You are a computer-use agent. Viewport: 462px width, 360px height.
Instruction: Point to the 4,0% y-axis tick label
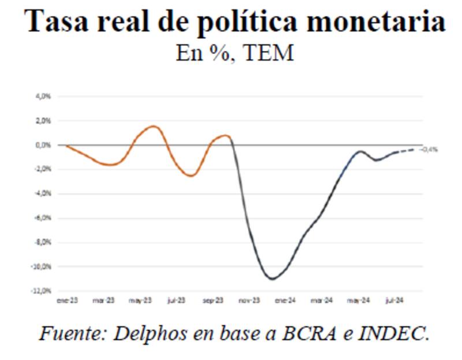coord(44,97)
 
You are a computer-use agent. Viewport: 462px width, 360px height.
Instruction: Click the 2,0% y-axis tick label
coord(44,121)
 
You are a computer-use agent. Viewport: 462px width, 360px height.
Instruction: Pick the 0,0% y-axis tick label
coord(44,145)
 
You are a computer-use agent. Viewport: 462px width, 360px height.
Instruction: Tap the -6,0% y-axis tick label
coord(43,218)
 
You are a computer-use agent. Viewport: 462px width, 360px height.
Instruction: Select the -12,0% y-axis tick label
coord(42,291)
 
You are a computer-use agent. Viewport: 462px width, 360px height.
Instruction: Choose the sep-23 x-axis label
coord(213,300)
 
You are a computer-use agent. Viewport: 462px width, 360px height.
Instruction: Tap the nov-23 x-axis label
coord(249,300)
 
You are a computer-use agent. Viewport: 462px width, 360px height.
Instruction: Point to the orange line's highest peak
coord(153,126)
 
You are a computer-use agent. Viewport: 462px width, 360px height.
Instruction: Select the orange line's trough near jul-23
coord(191,175)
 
